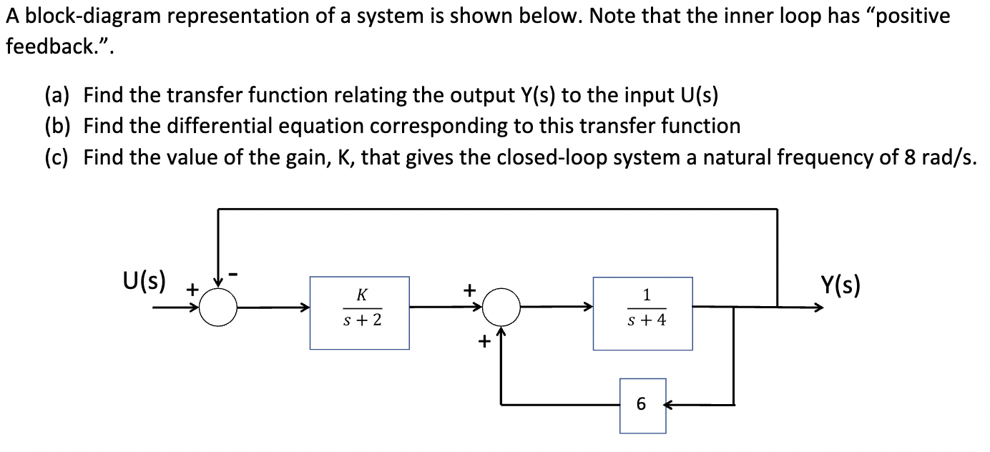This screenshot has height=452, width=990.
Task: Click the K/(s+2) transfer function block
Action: tap(359, 313)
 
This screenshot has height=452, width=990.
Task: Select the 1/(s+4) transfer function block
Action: tap(642, 313)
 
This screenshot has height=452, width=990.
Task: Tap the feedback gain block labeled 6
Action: tap(642, 406)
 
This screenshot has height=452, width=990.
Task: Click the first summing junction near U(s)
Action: tap(217, 308)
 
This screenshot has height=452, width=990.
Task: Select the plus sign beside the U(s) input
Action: tap(192, 290)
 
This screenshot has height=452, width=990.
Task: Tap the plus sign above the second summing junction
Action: tap(469, 290)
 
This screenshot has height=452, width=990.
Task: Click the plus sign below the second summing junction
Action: tap(484, 343)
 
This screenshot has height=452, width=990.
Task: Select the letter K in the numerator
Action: tap(362, 295)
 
